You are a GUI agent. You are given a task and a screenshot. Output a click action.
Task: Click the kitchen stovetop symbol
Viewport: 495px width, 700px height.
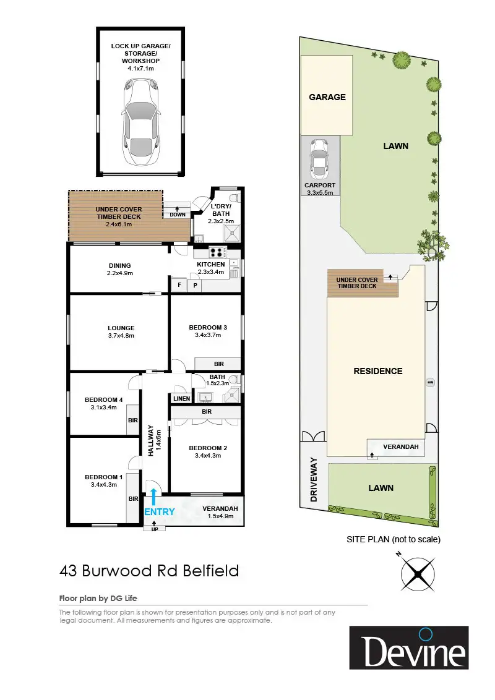coord(217,252)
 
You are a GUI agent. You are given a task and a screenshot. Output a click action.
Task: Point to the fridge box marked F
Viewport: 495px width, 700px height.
coord(179,285)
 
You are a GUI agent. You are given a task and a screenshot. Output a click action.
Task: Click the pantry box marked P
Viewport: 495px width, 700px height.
coord(195,285)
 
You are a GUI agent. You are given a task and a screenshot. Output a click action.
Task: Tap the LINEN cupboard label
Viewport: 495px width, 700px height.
coord(181,398)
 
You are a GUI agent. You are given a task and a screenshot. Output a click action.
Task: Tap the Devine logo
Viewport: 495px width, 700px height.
coord(409,647)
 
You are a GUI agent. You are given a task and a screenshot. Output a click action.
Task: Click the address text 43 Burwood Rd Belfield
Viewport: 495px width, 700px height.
coord(149,570)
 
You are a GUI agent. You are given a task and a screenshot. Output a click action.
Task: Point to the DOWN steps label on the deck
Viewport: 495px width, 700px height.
coord(178,215)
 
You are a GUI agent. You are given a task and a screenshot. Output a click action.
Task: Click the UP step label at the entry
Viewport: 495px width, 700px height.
coord(155,529)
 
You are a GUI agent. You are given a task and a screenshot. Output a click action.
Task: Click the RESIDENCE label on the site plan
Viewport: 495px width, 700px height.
coord(377,371)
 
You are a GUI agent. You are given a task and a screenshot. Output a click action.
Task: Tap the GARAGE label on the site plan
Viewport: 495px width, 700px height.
coord(327,97)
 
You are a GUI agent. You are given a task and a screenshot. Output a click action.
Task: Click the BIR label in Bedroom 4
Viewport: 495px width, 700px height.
coord(132,420)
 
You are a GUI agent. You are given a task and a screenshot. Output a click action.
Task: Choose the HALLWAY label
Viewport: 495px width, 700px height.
coord(150,442)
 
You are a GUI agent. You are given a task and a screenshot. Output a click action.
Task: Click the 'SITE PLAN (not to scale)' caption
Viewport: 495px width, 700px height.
coord(394,539)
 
